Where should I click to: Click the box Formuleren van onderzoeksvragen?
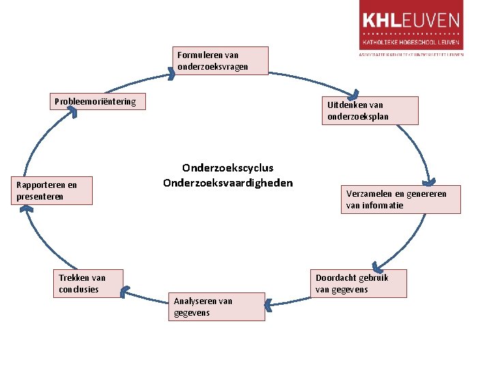(x=220, y=61)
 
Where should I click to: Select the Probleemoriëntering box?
(x=98, y=102)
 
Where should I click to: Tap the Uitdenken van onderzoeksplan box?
(x=370, y=111)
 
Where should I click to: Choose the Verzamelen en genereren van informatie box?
(x=400, y=200)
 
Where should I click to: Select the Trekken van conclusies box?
(x=89, y=284)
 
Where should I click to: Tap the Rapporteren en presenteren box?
(x=54, y=191)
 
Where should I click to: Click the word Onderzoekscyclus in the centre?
(x=228, y=168)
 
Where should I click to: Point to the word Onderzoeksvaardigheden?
(x=228, y=183)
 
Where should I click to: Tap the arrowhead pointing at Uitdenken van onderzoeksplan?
(x=353, y=94)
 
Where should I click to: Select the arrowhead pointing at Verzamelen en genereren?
(x=430, y=182)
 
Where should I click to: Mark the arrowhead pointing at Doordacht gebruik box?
(x=375, y=265)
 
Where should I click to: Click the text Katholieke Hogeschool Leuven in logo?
(x=411, y=41)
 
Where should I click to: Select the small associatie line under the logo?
(x=411, y=53)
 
